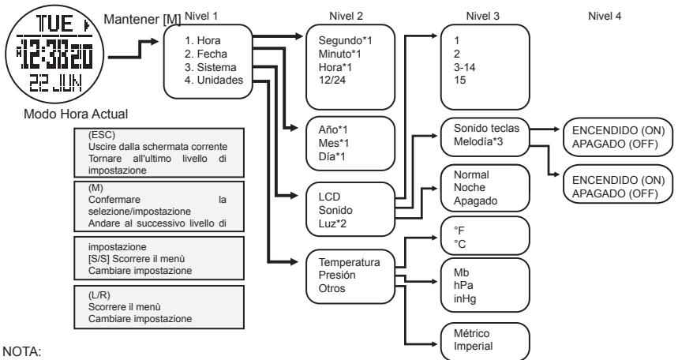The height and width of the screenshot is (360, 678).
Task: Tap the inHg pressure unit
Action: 455,298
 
